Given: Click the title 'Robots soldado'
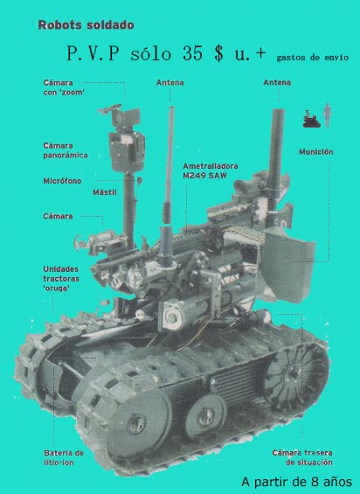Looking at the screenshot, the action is [x=86, y=24].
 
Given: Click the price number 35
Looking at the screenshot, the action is [x=192, y=53].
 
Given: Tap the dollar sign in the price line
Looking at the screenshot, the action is [x=218, y=53].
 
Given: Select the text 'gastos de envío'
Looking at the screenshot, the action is [x=313, y=58].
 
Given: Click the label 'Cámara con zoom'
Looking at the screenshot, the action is [x=64, y=87].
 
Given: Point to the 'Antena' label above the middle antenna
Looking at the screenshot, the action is [x=170, y=82].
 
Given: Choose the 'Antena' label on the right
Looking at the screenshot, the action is [x=277, y=82].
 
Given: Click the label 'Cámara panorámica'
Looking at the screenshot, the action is [x=66, y=150].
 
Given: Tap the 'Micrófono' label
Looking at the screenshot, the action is [x=62, y=181].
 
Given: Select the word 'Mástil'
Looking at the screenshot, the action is [x=105, y=192].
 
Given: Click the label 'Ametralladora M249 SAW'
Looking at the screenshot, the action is [x=211, y=170].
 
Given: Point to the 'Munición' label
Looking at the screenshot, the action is [x=316, y=152].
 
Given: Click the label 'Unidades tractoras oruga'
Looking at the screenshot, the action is [x=61, y=279].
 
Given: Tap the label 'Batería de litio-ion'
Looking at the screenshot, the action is [x=64, y=458].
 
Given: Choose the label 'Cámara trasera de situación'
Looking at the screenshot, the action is [x=302, y=458].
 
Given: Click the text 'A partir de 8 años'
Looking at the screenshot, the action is [x=297, y=482].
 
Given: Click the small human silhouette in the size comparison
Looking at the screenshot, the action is [x=328, y=115].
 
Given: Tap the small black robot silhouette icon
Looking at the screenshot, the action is [x=311, y=119].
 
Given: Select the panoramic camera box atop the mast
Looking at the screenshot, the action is [x=127, y=151].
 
